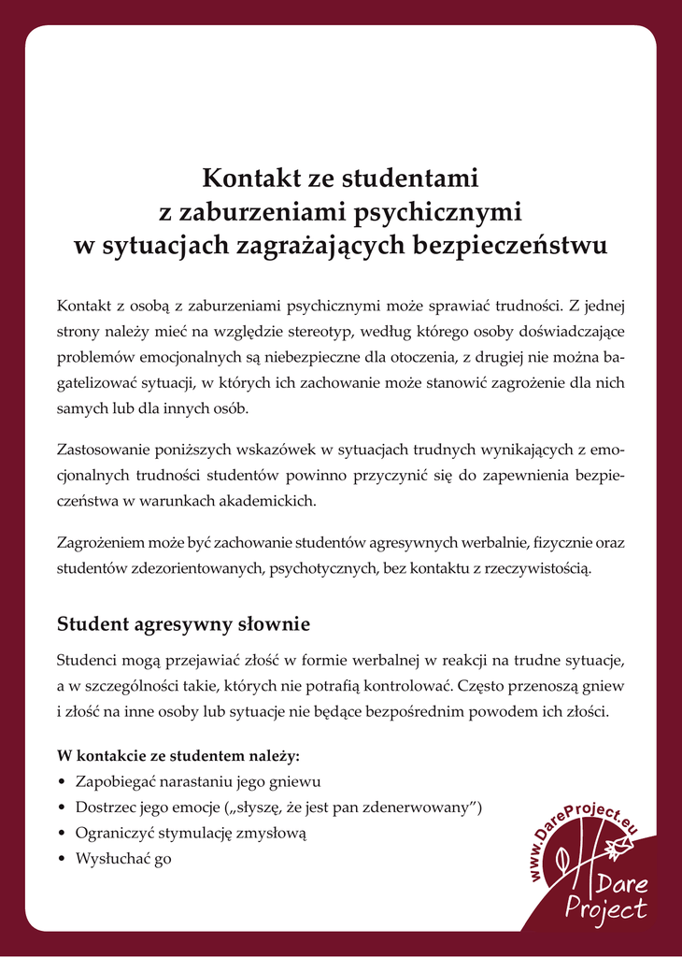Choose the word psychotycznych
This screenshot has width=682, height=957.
(x=323, y=567)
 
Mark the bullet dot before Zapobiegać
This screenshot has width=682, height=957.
(x=62, y=781)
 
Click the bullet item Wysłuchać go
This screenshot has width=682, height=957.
(x=123, y=859)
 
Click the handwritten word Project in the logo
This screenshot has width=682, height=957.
(x=606, y=907)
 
